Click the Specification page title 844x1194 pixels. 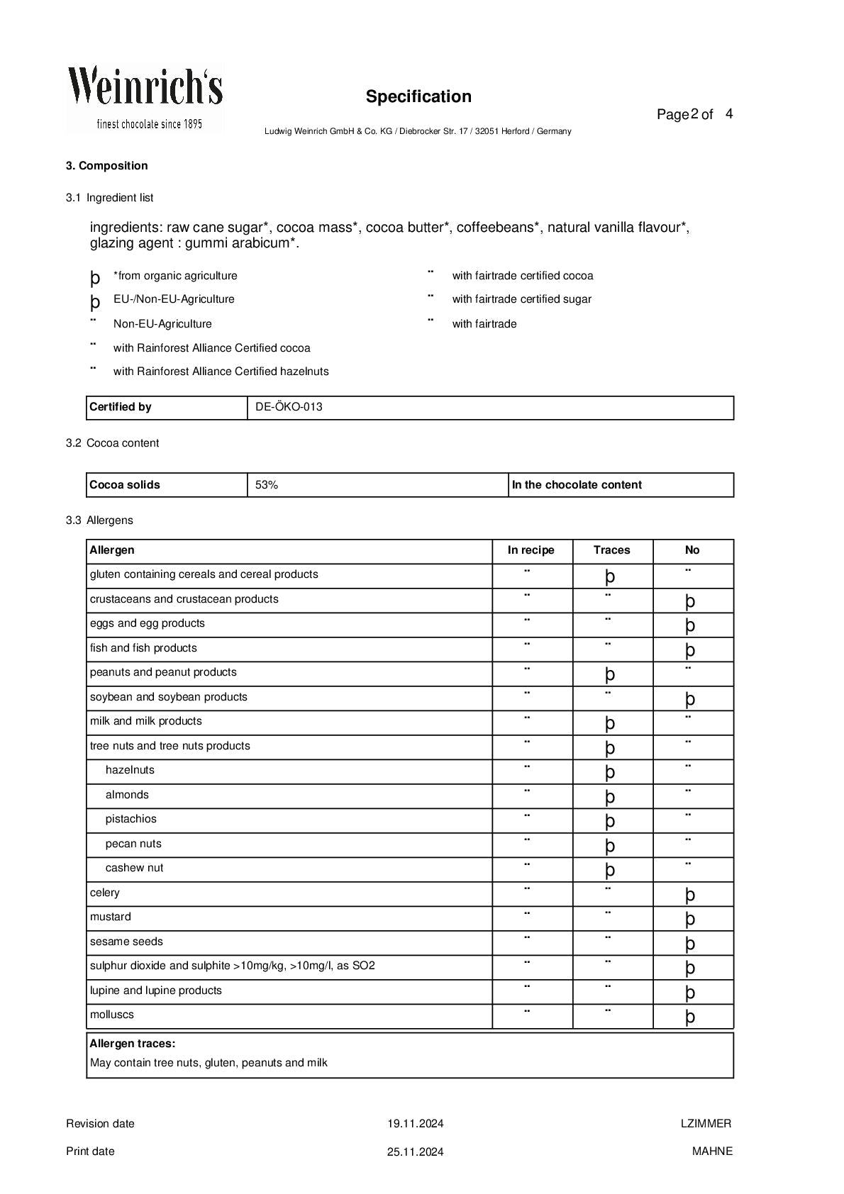(x=418, y=96)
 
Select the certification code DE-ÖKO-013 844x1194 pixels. (x=289, y=407)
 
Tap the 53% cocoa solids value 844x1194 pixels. (x=267, y=485)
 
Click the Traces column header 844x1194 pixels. (x=611, y=550)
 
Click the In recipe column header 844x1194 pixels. (x=531, y=550)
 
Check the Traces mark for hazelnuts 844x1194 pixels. (x=610, y=771)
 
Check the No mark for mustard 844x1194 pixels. (x=690, y=918)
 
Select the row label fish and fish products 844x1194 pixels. (x=143, y=648)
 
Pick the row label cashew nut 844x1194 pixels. (x=134, y=868)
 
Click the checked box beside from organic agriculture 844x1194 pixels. (x=95, y=277)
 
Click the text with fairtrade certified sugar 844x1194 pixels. (x=521, y=299)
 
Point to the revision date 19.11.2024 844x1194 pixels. (x=415, y=1123)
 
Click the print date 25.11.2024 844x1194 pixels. (x=415, y=1151)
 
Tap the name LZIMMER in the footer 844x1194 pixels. (x=706, y=1123)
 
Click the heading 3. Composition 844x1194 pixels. (x=107, y=166)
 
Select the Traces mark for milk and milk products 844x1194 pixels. (x=610, y=722)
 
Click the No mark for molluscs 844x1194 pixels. (x=690, y=1016)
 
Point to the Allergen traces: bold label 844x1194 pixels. (x=133, y=1044)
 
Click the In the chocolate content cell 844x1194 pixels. (x=577, y=485)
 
